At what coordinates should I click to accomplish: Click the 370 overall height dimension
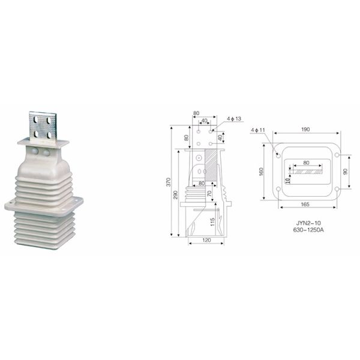coord(169,182)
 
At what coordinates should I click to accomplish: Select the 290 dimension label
coord(176,194)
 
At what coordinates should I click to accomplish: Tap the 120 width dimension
coord(206,240)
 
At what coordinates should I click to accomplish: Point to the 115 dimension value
coord(212,222)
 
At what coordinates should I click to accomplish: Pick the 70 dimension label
coord(209,193)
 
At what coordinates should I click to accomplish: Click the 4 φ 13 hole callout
coord(234,118)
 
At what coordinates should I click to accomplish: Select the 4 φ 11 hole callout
coord(258,130)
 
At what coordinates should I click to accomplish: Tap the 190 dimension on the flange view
coord(305,129)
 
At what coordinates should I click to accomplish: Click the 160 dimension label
coord(261,172)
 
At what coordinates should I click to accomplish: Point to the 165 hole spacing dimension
coord(305,204)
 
